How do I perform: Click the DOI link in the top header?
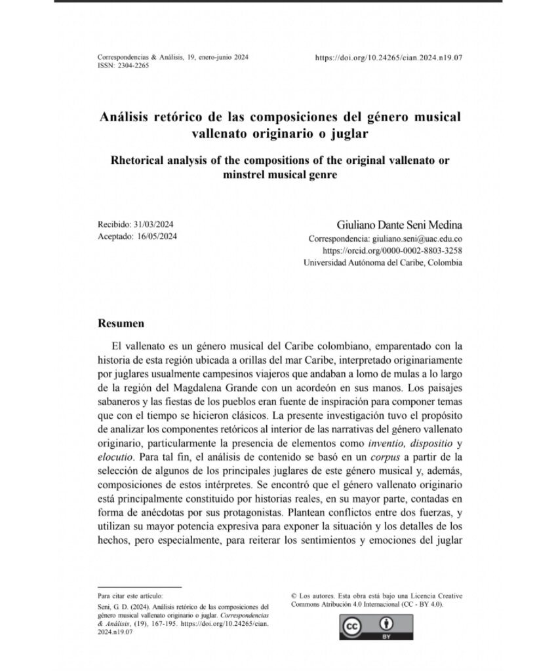pyautogui.click(x=389, y=58)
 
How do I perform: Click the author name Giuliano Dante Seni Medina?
pyautogui.click(x=399, y=225)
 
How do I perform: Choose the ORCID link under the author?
pyautogui.click(x=393, y=250)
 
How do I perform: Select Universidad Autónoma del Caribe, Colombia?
pyautogui.click(x=382, y=263)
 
